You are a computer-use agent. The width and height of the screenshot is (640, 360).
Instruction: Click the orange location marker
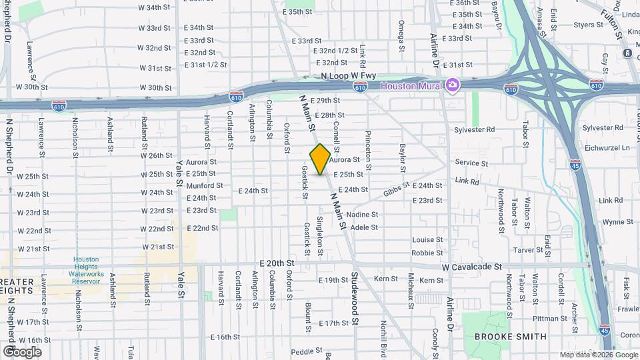pyautogui.click(x=321, y=159)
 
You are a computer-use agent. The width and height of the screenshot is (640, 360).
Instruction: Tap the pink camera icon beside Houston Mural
pyautogui.click(x=453, y=85)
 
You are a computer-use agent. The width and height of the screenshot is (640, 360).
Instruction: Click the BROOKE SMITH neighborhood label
pyautogui.click(x=511, y=337)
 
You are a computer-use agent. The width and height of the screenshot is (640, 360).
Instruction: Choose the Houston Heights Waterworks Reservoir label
pyautogui.click(x=87, y=270)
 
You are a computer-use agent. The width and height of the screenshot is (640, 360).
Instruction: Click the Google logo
pyautogui.click(x=21, y=351)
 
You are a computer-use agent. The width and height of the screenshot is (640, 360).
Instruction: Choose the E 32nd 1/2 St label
pyautogui.click(x=336, y=51)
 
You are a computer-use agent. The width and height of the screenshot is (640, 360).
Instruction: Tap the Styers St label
pyautogui.click(x=588, y=25)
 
